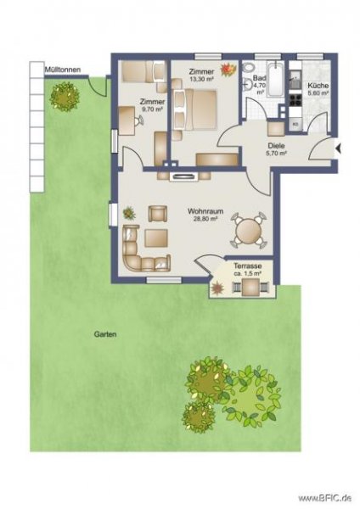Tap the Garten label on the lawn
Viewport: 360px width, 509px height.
[106, 333]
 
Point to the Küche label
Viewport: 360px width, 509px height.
[318, 87]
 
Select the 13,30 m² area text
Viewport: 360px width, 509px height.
[201, 81]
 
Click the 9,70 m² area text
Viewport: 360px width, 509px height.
[153, 109]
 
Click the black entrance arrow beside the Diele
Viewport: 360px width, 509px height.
[340, 148]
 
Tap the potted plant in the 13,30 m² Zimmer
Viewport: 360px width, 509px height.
[227, 70]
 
